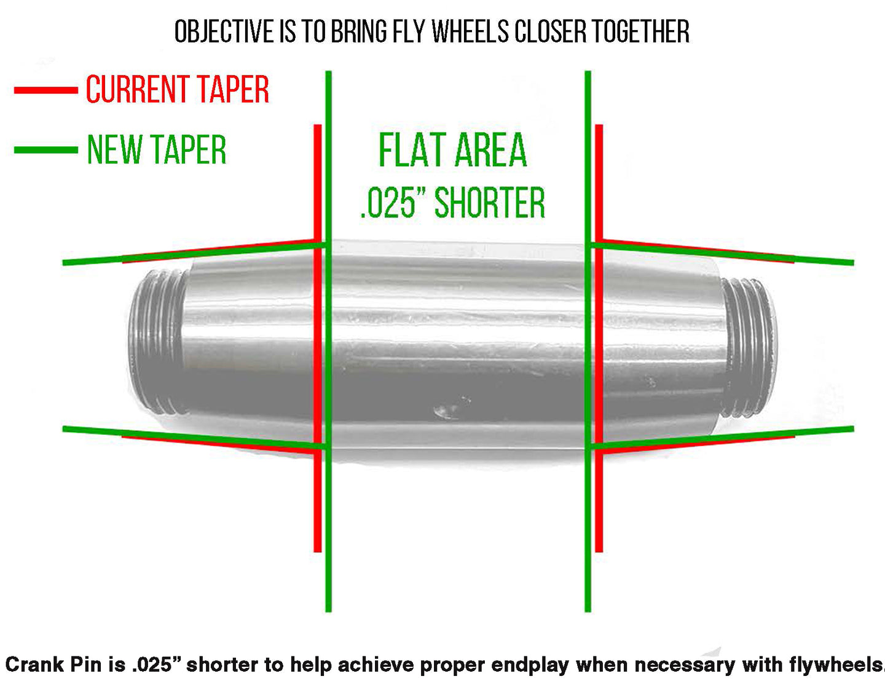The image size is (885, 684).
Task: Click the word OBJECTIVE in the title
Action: click(224, 32)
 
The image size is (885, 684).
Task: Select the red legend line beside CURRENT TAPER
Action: click(46, 90)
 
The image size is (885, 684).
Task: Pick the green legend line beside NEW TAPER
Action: click(46, 150)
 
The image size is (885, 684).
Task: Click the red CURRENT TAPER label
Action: click(177, 90)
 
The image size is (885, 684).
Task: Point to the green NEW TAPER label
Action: click(157, 150)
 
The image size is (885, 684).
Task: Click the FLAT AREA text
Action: click(452, 151)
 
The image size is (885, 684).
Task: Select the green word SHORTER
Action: click(490, 203)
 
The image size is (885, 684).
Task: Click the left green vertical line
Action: click(328, 522)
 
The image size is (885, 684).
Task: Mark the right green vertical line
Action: click(588, 522)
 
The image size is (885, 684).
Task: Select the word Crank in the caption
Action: click(34, 665)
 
